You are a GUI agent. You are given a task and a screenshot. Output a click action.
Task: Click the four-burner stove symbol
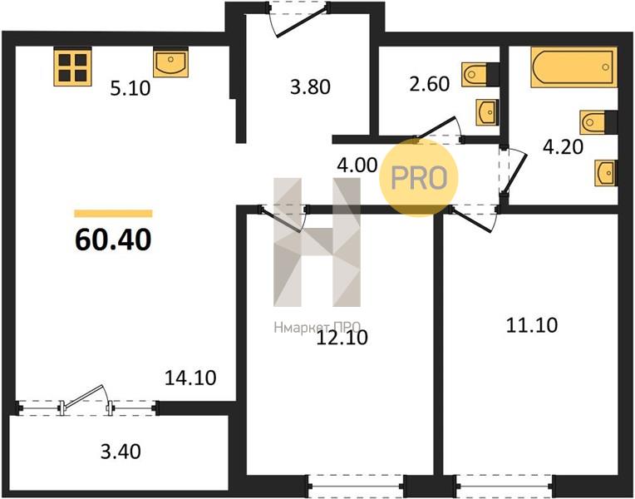tap(73, 67)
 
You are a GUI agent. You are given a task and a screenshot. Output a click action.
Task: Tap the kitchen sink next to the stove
tap(170, 62)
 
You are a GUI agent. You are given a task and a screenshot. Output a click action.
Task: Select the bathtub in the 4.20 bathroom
tap(573, 67)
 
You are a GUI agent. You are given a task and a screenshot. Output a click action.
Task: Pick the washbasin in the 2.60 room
tap(487, 112)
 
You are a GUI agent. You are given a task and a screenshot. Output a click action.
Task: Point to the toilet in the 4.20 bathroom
tap(598, 121)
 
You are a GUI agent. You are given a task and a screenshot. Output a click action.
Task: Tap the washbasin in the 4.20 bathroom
tap(606, 173)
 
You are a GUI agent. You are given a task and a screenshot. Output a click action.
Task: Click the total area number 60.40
tap(113, 240)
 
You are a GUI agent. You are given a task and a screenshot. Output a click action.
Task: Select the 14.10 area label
tap(190, 378)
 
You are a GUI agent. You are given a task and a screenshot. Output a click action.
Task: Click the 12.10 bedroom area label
tap(342, 338)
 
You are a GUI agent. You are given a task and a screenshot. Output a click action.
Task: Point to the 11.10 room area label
tap(532, 325)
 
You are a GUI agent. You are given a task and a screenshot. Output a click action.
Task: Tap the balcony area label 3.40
tap(121, 452)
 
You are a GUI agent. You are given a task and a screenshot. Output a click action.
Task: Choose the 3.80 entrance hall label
tap(310, 86)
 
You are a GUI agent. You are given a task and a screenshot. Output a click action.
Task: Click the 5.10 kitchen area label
tap(130, 88)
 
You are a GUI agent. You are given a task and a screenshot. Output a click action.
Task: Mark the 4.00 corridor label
tap(357, 165)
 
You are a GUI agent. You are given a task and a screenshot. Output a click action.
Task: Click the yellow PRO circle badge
tap(419, 177)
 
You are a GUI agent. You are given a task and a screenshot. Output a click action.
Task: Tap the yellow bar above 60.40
tap(113, 213)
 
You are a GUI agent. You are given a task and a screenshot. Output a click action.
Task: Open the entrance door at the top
tap(298, 19)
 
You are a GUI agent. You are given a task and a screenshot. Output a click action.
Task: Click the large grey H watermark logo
tap(317, 242)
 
